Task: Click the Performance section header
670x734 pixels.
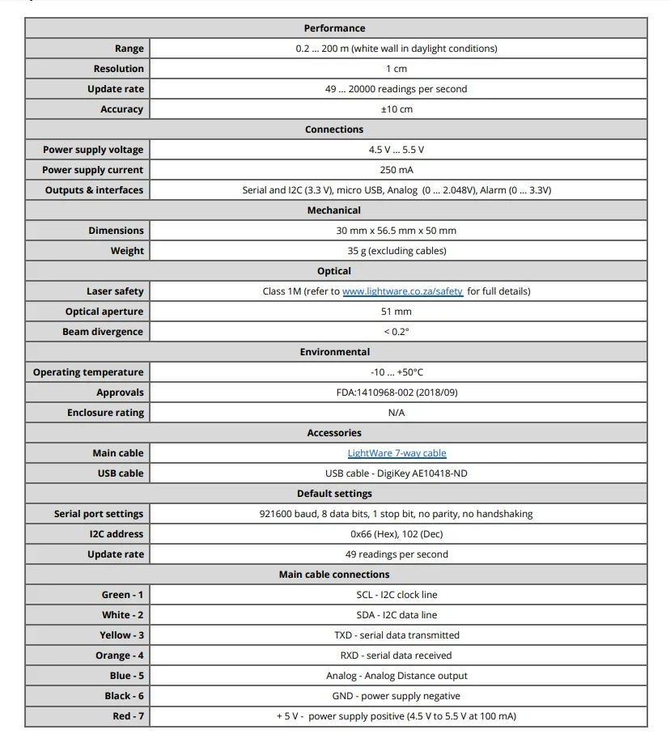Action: click(335, 28)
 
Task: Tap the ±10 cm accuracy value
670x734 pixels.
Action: click(396, 109)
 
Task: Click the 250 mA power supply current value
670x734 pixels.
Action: click(396, 170)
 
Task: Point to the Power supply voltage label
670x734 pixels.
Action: click(93, 150)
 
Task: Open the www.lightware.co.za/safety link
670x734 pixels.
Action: click(402, 291)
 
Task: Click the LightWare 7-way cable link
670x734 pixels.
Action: click(396, 453)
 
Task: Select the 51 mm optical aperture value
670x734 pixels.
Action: click(396, 312)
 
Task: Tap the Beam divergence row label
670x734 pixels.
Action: click(103, 332)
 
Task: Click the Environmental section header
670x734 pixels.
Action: click(335, 352)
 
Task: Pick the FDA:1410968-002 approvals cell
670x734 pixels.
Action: click(396, 392)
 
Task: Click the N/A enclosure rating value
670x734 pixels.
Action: click(396, 413)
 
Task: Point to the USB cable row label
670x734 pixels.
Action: click(121, 473)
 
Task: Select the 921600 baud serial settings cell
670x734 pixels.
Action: click(396, 514)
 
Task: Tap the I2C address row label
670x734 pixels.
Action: click(117, 534)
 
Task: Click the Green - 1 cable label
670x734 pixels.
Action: click(122, 595)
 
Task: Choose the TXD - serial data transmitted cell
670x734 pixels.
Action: click(396, 635)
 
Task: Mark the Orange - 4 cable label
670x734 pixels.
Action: click(120, 656)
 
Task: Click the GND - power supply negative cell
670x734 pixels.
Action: click(396, 696)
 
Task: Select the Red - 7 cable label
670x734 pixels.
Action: click(128, 716)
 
